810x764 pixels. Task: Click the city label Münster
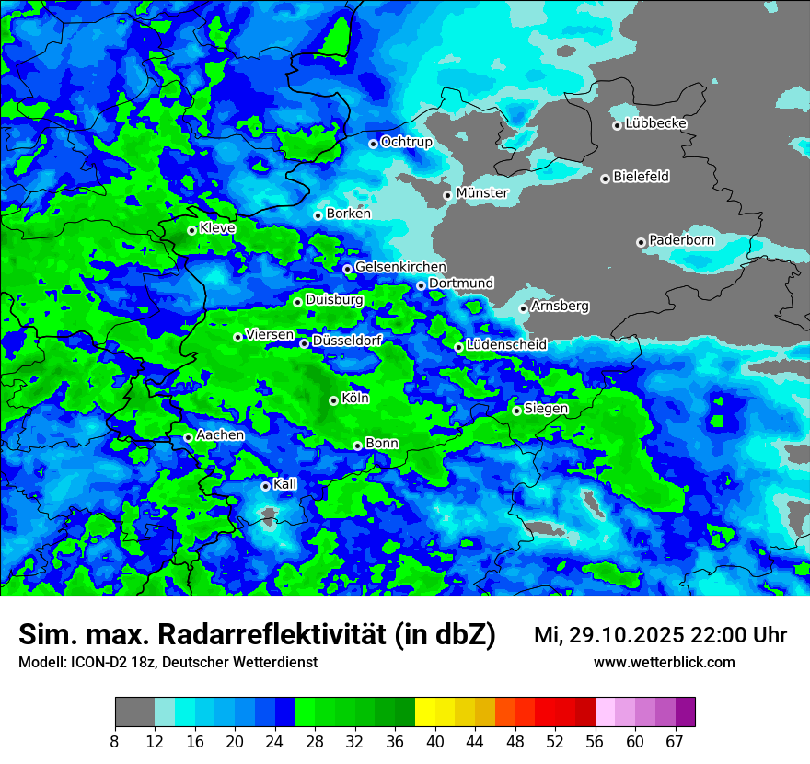click(x=481, y=192)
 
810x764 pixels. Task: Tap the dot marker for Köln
click(x=333, y=400)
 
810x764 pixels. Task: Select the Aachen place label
click(x=220, y=434)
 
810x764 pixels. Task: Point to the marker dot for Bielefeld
click(x=605, y=179)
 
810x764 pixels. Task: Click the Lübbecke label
click(x=655, y=123)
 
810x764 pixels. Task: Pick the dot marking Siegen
click(x=516, y=411)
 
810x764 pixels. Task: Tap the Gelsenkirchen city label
click(x=400, y=266)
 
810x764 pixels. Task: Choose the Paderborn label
click(x=681, y=240)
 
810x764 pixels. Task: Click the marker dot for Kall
click(x=265, y=486)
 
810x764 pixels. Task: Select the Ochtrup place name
click(x=406, y=142)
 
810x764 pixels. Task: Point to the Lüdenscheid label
click(x=506, y=344)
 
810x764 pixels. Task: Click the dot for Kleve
click(x=191, y=230)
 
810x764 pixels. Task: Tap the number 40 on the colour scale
click(x=435, y=741)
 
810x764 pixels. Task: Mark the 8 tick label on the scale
click(x=114, y=741)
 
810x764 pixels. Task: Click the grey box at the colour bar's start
click(x=134, y=712)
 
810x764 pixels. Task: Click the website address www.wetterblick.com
click(x=665, y=662)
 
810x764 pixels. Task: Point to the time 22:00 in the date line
click(x=721, y=635)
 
